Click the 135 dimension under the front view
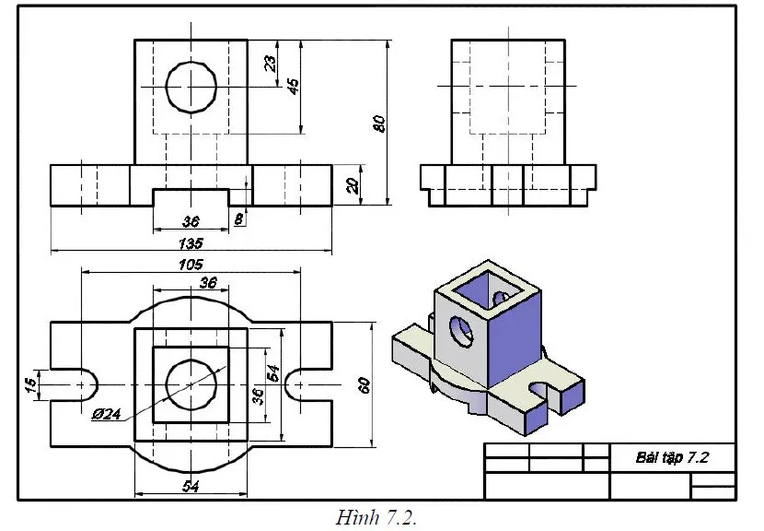(x=191, y=244)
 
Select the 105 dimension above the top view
(x=191, y=264)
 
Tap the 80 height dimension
(x=377, y=124)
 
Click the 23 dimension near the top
(x=270, y=64)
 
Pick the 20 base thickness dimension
(x=351, y=184)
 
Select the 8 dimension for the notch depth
(x=239, y=219)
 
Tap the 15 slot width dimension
(x=29, y=383)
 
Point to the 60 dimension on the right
(x=364, y=385)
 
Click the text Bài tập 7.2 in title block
(x=672, y=457)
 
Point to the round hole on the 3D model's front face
(x=460, y=332)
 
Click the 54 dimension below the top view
(x=191, y=485)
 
